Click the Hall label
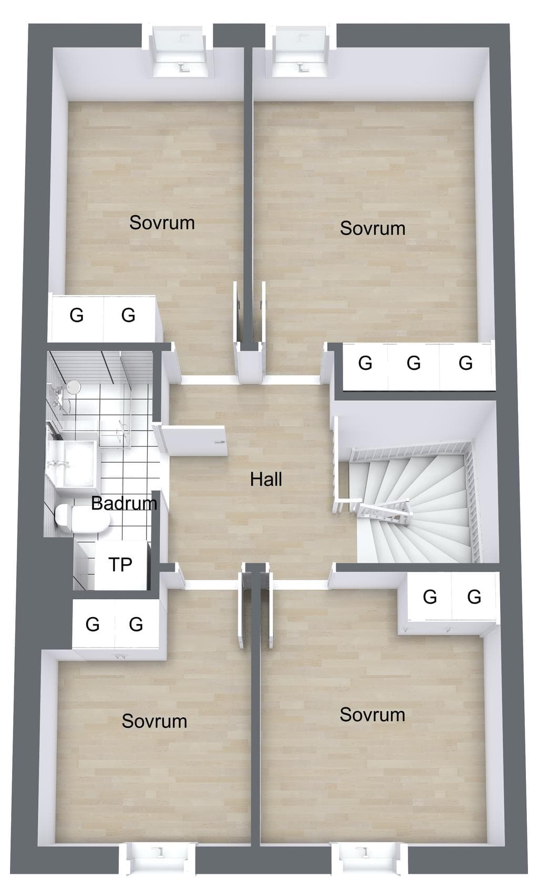266,479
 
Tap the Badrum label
124,503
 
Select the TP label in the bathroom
120,565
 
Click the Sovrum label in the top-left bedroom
162,223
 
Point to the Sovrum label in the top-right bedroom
373,228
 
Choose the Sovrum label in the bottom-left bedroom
154,721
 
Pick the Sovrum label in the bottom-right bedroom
373,714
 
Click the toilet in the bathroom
82,518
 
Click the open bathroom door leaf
194,441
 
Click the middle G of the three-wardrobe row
414,363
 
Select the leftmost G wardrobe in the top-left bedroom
76,316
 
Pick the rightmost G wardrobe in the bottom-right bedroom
474,597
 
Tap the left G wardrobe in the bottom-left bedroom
93,624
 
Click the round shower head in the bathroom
73,387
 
